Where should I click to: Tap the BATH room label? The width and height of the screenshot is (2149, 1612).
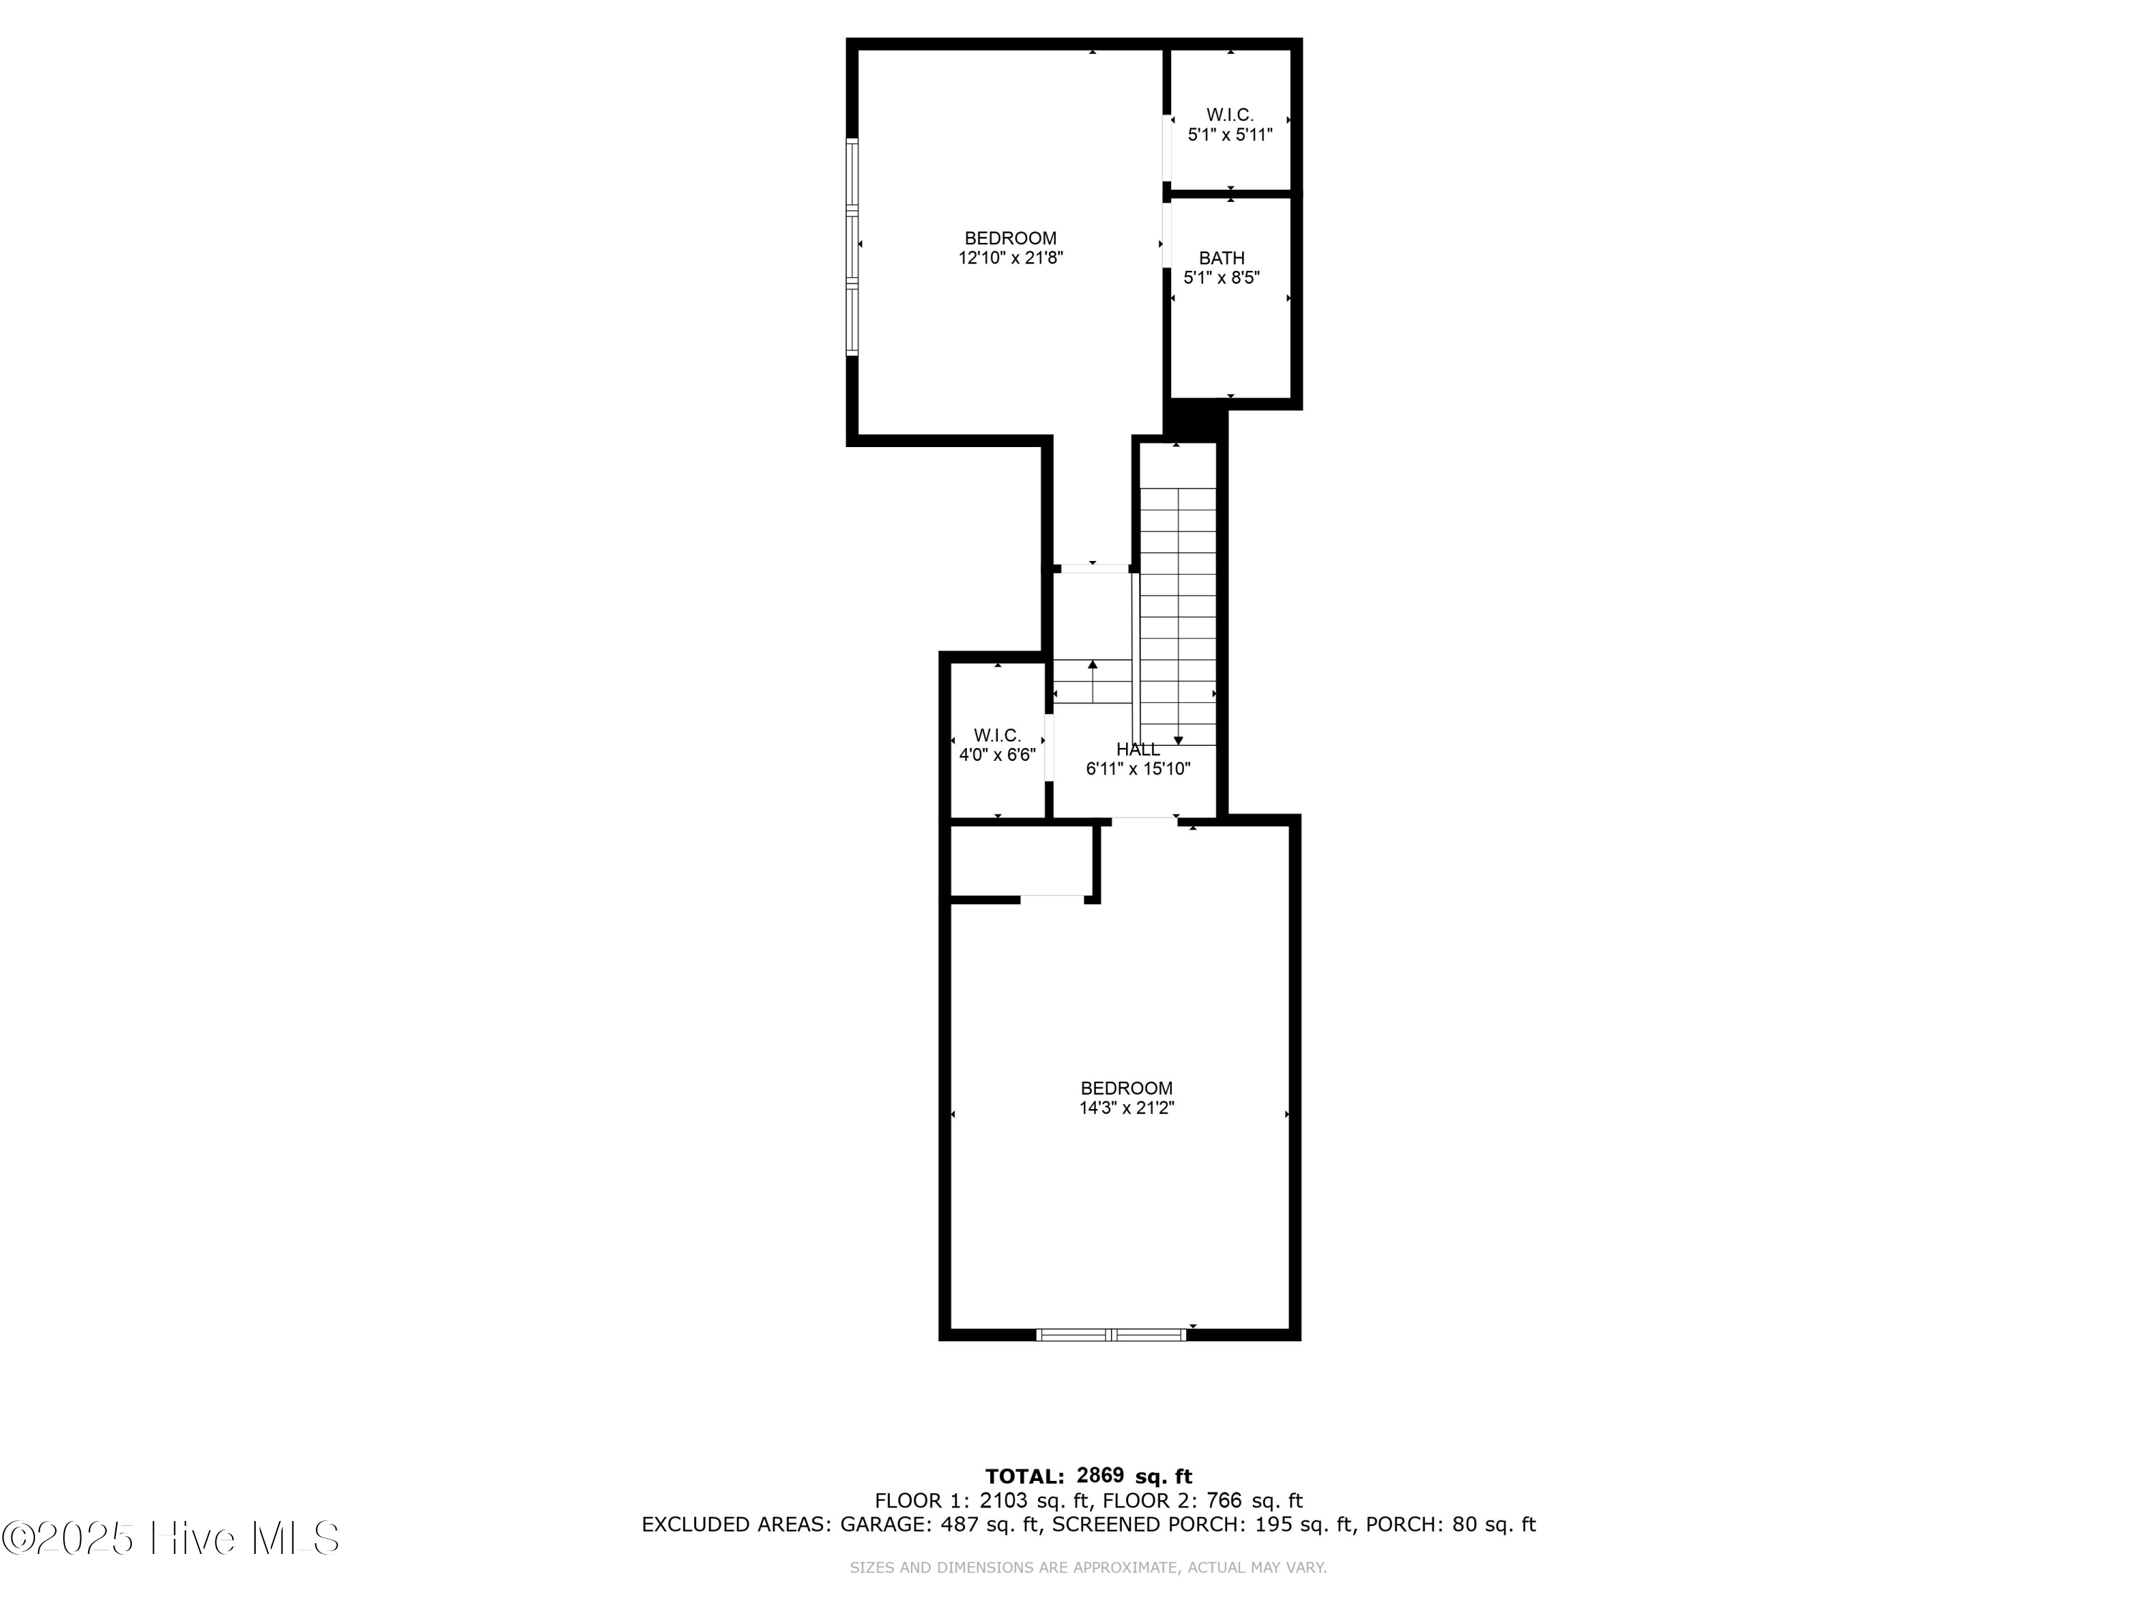[x=1221, y=259]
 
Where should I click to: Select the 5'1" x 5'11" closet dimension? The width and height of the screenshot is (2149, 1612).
[x=1230, y=135]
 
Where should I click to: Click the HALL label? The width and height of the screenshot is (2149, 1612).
[x=1138, y=749]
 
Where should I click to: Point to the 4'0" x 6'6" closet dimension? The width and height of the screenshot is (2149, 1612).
[x=997, y=755]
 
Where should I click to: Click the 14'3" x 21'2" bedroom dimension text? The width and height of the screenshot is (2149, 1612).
[x=1126, y=1108]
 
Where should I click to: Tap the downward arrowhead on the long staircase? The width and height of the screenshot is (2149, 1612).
[x=1178, y=740]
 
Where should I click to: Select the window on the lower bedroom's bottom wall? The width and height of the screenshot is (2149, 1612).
[x=1112, y=1335]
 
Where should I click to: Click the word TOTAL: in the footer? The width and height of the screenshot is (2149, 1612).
[x=1024, y=1477]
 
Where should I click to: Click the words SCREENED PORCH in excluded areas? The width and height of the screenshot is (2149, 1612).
[x=1146, y=1525]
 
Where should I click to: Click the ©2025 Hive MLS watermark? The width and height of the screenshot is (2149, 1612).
[x=171, y=1538]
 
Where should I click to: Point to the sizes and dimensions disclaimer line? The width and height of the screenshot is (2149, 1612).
[x=1087, y=1568]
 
